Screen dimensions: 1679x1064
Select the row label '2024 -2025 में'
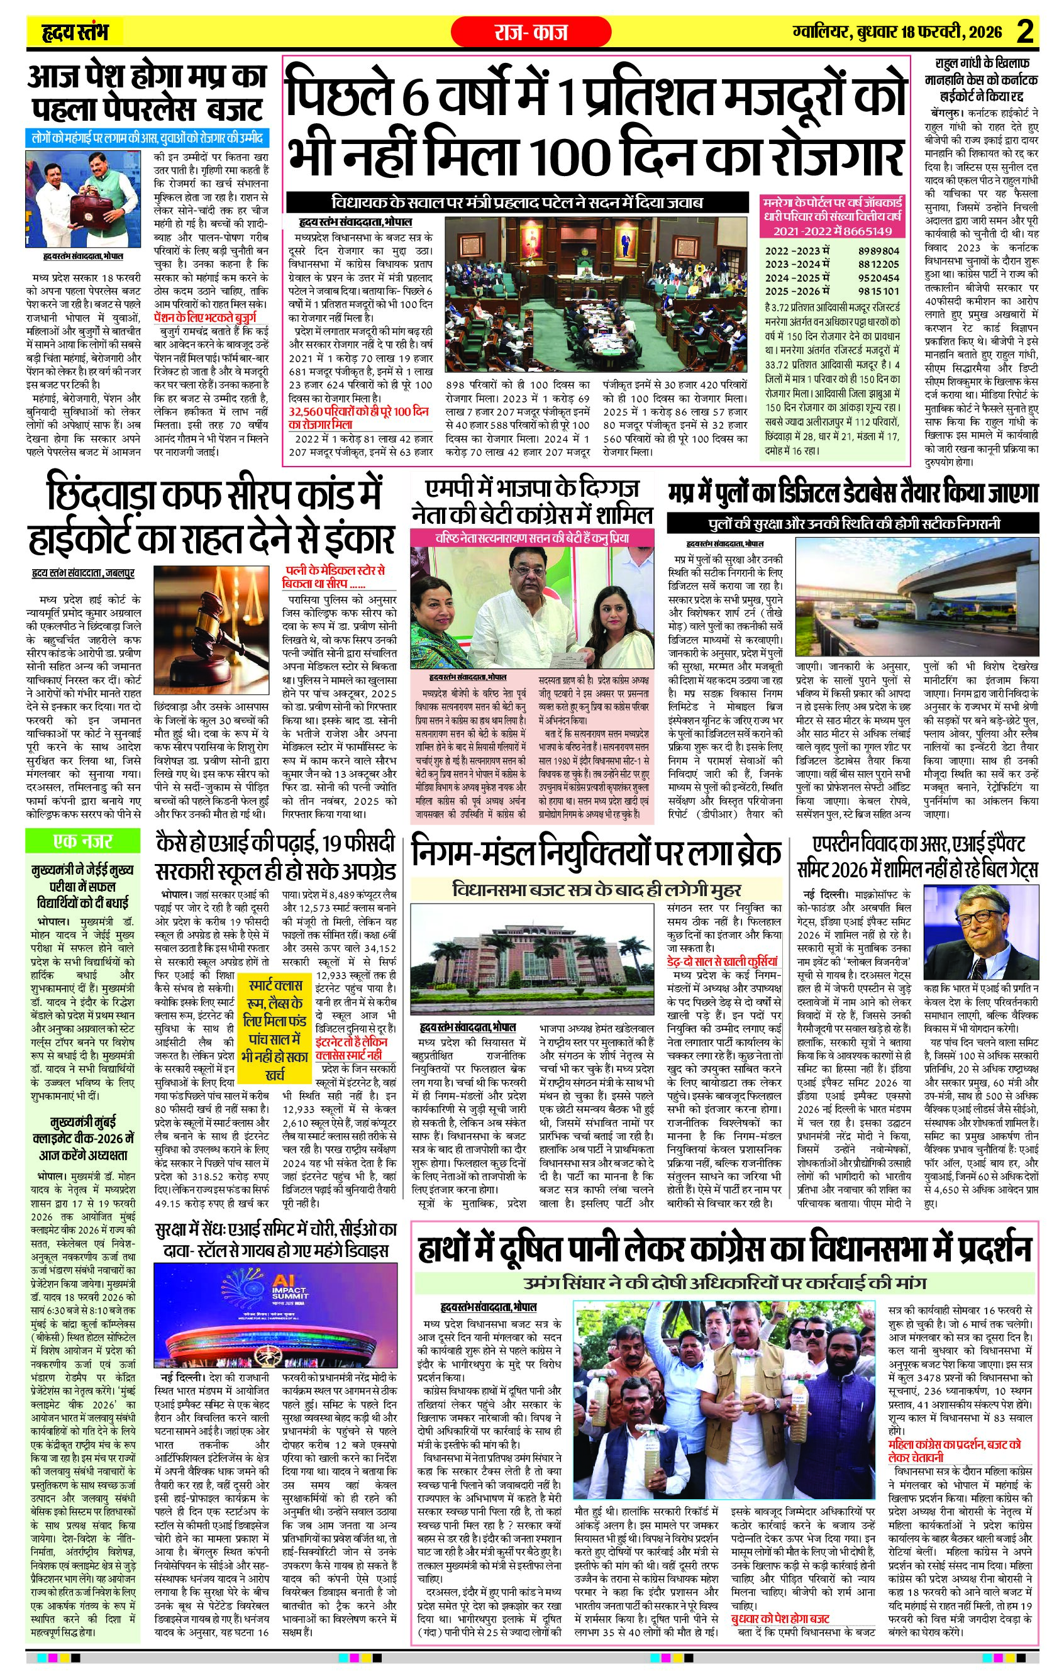(x=799, y=277)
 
